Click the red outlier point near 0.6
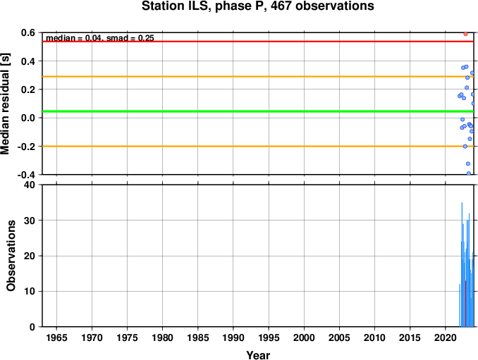coord(465,34)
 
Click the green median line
coord(258,111)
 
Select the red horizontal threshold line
coord(258,42)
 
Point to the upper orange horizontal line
coord(258,77)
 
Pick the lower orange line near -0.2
coord(258,147)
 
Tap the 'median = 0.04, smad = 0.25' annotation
coord(100,38)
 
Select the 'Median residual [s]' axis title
coord(5,104)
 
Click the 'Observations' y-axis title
coord(11,256)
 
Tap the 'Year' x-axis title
coord(258,355)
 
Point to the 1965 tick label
coord(56,337)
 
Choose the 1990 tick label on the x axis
coord(233,337)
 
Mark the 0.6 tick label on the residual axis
coord(27,32)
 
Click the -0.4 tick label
coord(26,175)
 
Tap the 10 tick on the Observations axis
coord(30,292)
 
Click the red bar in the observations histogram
coord(465,304)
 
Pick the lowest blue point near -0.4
coord(469,173)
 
